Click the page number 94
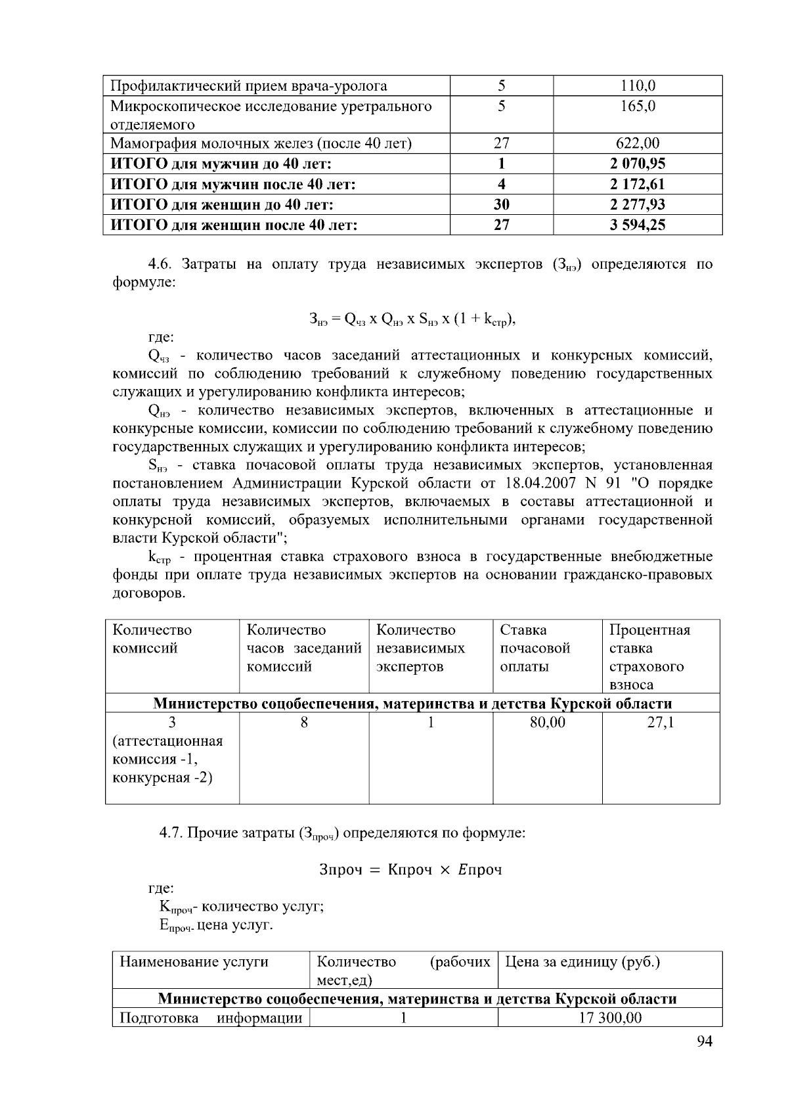click(704, 1041)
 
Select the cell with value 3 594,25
click(637, 225)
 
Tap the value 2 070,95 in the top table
click(637, 164)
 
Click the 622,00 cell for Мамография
click(637, 143)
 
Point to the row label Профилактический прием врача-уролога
click(248, 86)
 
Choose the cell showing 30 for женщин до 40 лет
click(501, 205)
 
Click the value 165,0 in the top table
click(637, 106)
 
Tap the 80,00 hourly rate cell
click(547, 723)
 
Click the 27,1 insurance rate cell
click(660, 723)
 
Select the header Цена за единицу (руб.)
click(582, 962)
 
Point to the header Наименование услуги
click(194, 962)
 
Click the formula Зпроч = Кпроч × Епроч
click(410, 870)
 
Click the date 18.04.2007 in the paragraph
click(540, 484)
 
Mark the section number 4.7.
click(171, 833)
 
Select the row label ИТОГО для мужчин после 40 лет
click(233, 185)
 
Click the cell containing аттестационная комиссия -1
click(167, 750)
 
